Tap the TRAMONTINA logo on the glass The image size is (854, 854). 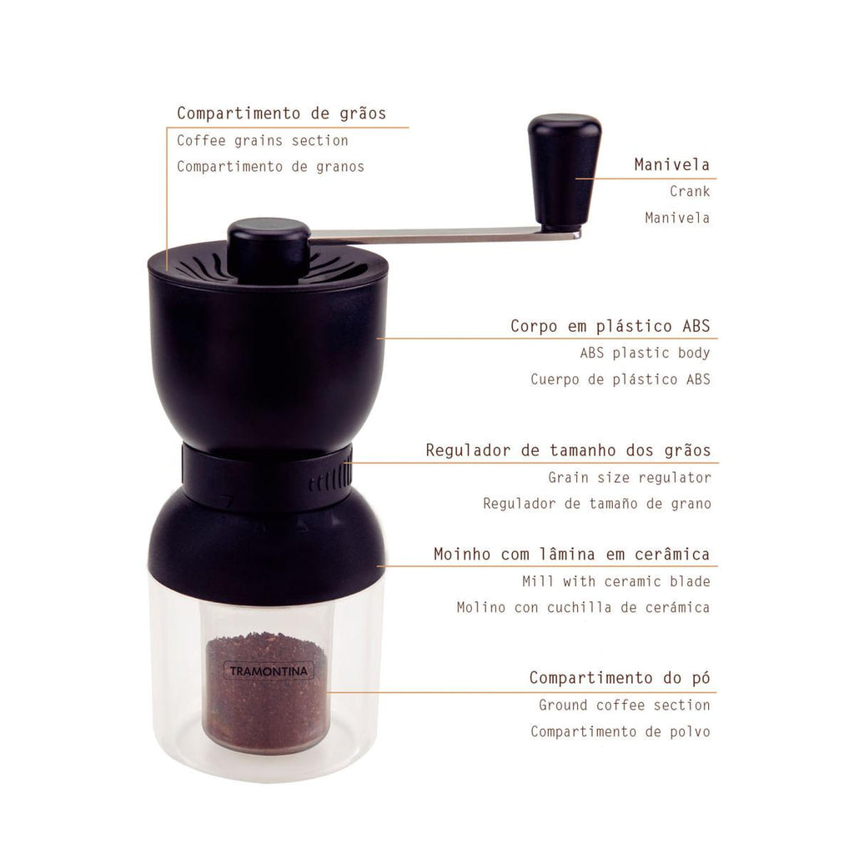(269, 671)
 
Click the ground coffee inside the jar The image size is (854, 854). (266, 691)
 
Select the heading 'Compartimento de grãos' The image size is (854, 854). (281, 113)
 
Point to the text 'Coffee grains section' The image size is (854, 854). (263, 140)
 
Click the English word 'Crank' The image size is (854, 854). (690, 191)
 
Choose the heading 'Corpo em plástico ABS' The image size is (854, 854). (610, 326)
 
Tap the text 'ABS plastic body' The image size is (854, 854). (645, 353)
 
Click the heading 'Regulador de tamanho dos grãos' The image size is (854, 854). (568, 450)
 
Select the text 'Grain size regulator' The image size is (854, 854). (630, 478)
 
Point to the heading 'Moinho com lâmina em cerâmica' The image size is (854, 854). (572, 554)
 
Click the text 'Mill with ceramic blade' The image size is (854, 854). (616, 581)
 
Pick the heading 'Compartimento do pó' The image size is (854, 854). (620, 677)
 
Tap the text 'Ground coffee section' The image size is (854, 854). (625, 705)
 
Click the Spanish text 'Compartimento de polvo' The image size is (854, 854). (620, 731)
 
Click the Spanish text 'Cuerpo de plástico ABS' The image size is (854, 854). (620, 379)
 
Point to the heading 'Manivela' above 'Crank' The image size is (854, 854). (672, 164)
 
